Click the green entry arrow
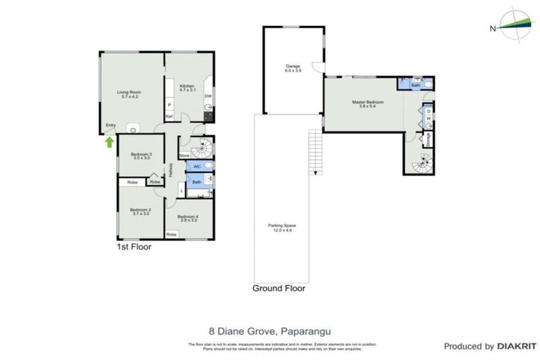coord(109,142)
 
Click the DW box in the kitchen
coord(208,96)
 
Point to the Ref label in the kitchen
coord(169,117)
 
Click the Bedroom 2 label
coord(141,212)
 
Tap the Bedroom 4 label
coord(188,218)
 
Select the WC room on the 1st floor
coord(198,167)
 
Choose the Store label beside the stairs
coord(184,155)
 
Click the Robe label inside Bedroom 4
coord(171,234)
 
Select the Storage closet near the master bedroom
coord(428,139)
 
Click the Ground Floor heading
coord(279,288)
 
